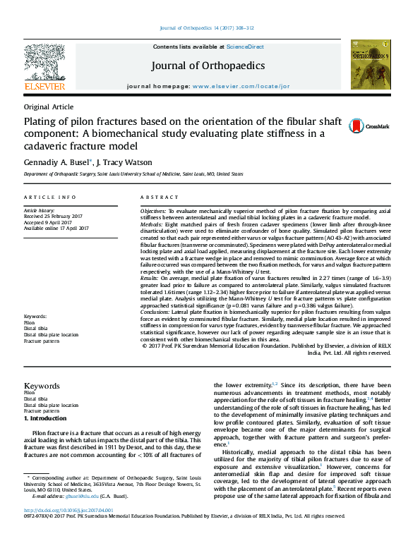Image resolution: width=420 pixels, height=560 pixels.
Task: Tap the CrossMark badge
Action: (368, 126)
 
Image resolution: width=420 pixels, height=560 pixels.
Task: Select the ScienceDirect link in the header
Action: (245, 47)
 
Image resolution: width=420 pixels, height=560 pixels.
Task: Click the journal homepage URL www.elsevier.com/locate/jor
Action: (241, 86)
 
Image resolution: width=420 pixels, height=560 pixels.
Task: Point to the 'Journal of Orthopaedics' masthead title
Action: (208, 66)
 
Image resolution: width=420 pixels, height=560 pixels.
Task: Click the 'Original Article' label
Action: (49, 106)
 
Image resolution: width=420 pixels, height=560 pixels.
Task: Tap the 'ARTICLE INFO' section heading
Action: (50, 197)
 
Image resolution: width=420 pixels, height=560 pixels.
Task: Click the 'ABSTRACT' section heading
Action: (160, 197)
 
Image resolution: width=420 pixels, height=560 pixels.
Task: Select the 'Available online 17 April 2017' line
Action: (56, 229)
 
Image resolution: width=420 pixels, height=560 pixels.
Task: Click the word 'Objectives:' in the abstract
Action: (152, 211)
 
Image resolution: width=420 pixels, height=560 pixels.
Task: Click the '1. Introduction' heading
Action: (45, 418)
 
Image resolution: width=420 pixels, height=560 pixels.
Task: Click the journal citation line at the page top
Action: (207, 28)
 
